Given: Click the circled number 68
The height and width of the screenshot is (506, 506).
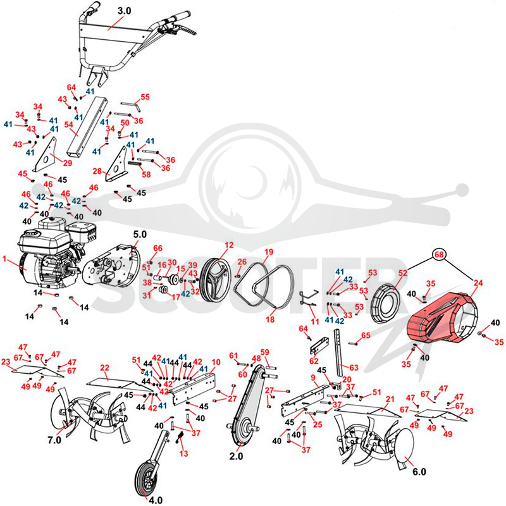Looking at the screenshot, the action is tap(439, 255).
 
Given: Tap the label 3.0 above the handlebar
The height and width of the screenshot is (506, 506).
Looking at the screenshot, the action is tap(124, 11).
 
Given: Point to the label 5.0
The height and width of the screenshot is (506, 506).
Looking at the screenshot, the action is tap(140, 234).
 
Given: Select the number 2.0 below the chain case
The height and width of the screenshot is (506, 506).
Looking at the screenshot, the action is tap(236, 456).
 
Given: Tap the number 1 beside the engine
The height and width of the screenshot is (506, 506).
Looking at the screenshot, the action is tap(4, 259).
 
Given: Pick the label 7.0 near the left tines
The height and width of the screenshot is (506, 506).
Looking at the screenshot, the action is tap(54, 440).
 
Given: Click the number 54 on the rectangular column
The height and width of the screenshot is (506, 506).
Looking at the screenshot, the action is tap(68, 125).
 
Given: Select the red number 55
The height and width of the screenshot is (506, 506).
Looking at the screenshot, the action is tap(145, 97).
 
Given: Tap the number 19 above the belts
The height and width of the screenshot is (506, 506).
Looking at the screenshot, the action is tap(268, 252).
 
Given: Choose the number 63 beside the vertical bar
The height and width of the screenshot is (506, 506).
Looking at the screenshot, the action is tap(354, 367).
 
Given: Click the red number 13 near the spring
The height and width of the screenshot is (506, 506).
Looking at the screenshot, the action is tap(183, 454).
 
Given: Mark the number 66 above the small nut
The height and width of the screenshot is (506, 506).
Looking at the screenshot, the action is tap(157, 248).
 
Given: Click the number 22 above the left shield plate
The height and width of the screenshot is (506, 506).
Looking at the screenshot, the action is tap(104, 367).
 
